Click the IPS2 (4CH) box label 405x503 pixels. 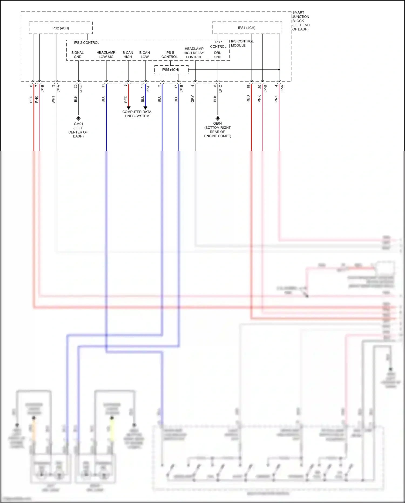60,28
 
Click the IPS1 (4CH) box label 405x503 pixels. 247,28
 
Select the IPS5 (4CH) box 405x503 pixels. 171,70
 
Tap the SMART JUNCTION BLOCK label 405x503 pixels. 301,21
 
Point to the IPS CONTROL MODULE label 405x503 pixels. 242,43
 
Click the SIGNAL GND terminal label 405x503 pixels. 77,55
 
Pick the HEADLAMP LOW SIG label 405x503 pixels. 106,55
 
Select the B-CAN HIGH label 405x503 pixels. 128,55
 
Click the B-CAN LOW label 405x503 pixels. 144,55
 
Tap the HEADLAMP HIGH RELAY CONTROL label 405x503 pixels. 194,53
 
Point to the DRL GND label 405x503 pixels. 217,55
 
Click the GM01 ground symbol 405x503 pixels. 79,118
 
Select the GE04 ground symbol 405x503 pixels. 218,118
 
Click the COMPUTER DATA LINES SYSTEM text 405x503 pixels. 137,114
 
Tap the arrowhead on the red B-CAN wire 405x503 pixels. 129,108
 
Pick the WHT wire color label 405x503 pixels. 53,99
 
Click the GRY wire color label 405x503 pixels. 193,99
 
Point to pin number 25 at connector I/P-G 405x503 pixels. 75,86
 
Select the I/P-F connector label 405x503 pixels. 148,88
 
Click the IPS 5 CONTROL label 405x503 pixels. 170,55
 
